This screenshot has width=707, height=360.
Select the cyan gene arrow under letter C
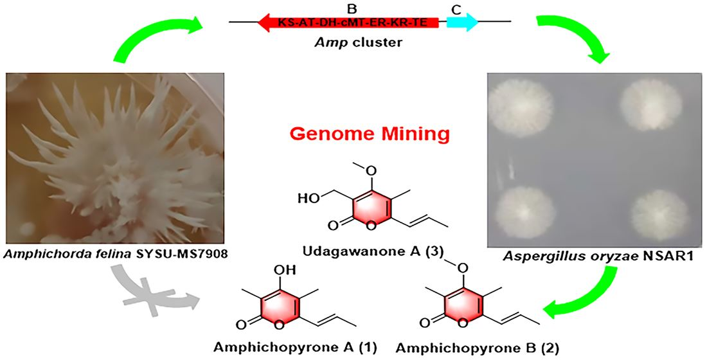462,22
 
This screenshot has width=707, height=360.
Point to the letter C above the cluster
457,7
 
